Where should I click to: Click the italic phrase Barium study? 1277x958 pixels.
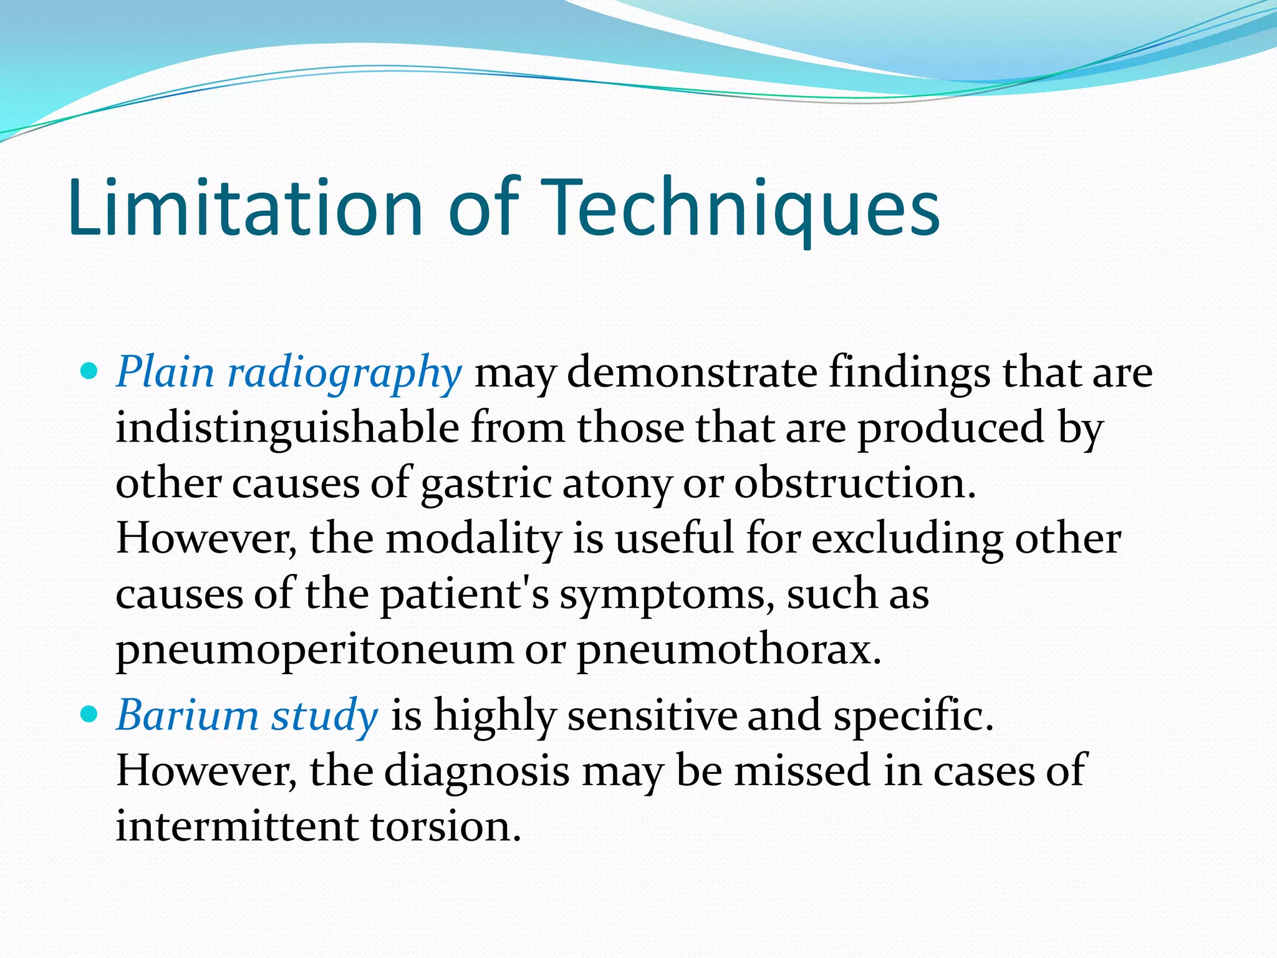coord(247,715)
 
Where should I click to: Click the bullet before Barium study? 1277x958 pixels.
coord(90,714)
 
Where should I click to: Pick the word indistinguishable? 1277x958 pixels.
coord(287,429)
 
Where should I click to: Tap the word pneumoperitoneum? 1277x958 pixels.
coord(314,650)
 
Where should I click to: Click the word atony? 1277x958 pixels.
coord(617,484)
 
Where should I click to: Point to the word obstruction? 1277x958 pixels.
coord(854,484)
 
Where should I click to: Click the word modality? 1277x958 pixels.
coord(473,539)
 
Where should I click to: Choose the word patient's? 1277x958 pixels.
coord(465,594)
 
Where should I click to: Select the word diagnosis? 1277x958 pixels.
coord(476,771)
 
